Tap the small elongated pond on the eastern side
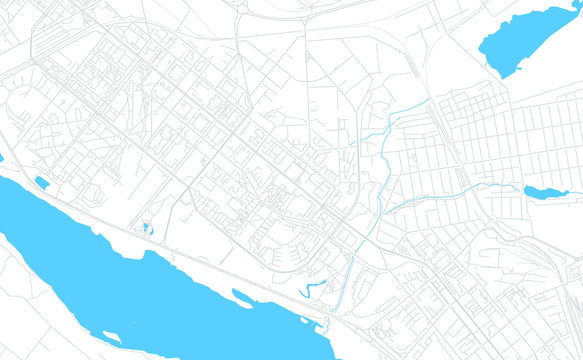(x=545, y=191)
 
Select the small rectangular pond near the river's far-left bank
(x=41, y=182)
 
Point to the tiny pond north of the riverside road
(x=148, y=229)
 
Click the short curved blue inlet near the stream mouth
(x=314, y=288)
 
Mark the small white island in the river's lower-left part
(x=111, y=336)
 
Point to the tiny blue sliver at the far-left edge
(x=2, y=158)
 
